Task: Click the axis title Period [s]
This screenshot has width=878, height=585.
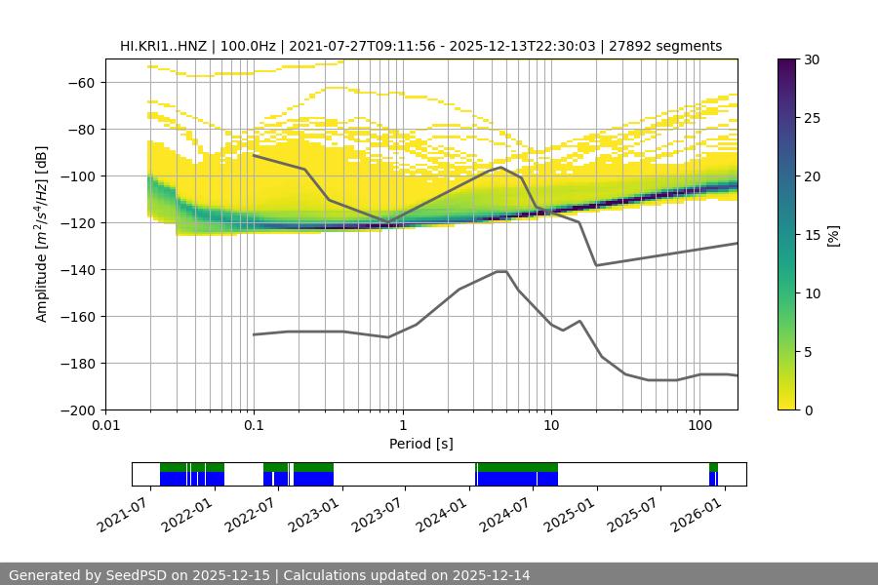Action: pyautogui.click(x=420, y=444)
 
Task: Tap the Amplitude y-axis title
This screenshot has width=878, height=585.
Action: pyautogui.click(x=42, y=234)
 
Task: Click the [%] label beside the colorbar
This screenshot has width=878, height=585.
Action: pyautogui.click(x=833, y=234)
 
